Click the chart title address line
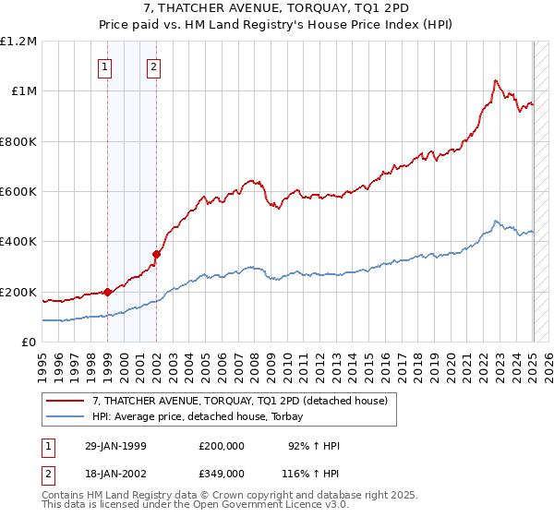coord(276,10)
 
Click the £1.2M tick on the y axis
coord(19,42)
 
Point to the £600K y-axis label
coord(18,192)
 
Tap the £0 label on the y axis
coord(28,343)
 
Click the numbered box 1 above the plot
coord(106,66)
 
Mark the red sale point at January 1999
coord(107,292)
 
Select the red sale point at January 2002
coord(156,254)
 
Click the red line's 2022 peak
coord(496,80)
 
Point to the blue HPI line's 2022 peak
coord(496,222)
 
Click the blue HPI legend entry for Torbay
coord(203,416)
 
